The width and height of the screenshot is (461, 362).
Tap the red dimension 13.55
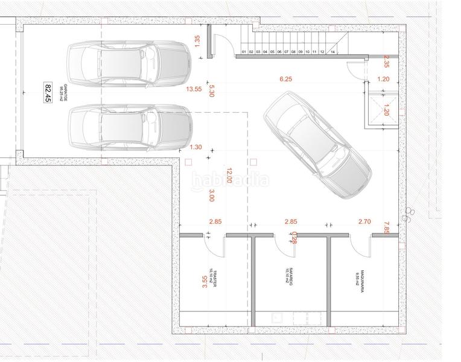(x=194, y=89)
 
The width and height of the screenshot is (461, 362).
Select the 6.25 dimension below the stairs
(x=285, y=79)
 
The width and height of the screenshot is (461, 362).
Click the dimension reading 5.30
(x=211, y=91)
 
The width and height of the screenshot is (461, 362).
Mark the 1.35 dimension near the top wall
(x=197, y=40)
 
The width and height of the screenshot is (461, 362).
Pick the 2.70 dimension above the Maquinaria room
(x=364, y=222)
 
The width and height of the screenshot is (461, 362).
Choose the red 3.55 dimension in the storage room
(x=203, y=283)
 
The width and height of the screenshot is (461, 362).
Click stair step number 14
(x=332, y=52)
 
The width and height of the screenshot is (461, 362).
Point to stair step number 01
(x=244, y=52)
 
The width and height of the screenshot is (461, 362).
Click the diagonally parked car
(x=317, y=139)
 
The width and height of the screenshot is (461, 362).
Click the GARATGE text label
(x=61, y=92)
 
